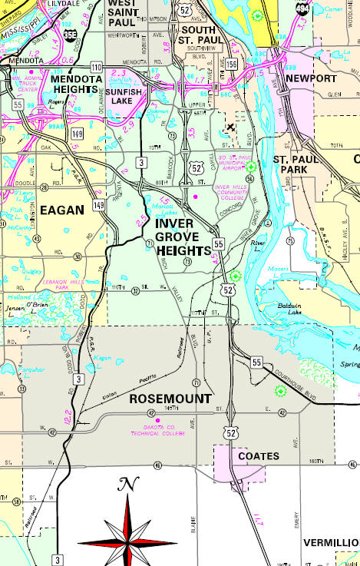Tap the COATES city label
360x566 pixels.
[258, 456]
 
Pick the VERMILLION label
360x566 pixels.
[331, 542]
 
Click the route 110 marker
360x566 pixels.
[97, 67]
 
